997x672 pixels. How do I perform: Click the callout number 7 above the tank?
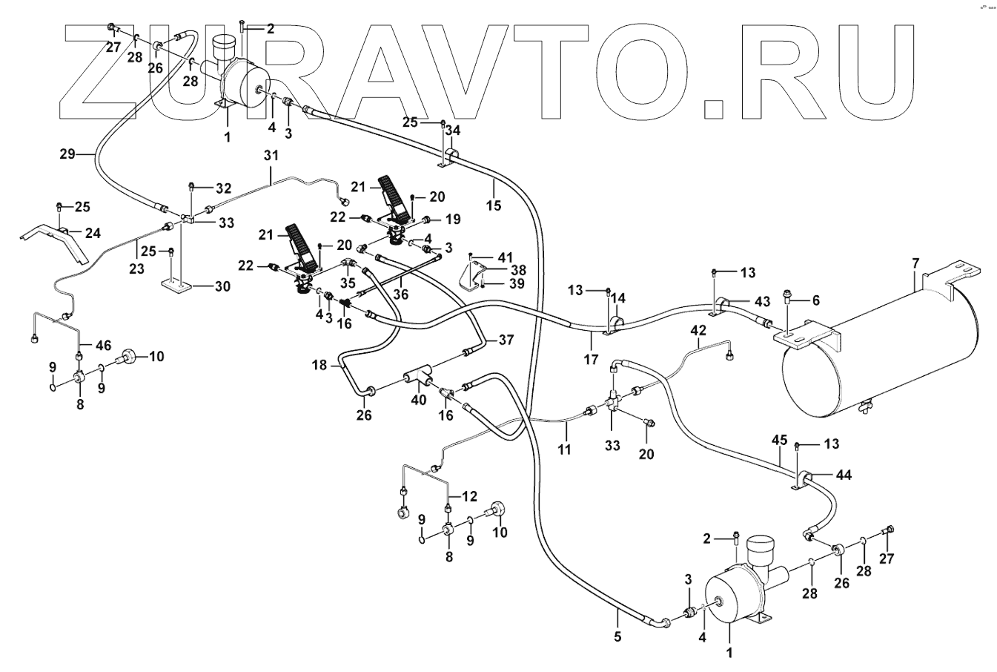click(x=915, y=264)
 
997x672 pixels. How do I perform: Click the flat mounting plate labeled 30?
click(x=174, y=286)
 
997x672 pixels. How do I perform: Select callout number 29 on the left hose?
click(x=67, y=155)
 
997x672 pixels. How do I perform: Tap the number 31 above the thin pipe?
click(x=271, y=157)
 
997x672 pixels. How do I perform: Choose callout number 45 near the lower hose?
click(x=779, y=440)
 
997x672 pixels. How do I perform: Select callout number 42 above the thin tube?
click(x=698, y=329)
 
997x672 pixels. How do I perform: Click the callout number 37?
click(x=506, y=340)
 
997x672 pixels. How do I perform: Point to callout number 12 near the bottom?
click(x=469, y=495)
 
